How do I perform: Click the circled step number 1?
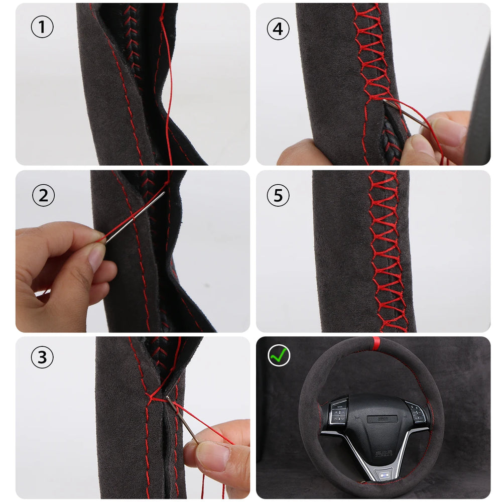(x=42, y=28)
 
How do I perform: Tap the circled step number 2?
(x=43, y=195)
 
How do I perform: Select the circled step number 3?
(x=42, y=357)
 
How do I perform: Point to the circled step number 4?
(x=278, y=30)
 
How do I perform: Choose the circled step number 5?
(x=278, y=195)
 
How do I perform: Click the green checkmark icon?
(x=279, y=355)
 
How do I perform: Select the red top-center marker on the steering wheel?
(x=376, y=344)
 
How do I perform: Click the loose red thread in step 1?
(x=169, y=85)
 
